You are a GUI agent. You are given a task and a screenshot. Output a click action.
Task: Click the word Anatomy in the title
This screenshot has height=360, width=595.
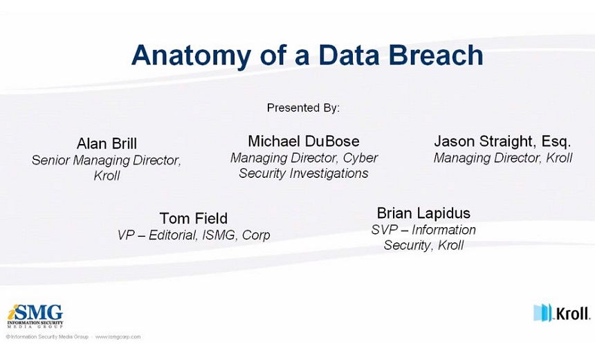coord(191,56)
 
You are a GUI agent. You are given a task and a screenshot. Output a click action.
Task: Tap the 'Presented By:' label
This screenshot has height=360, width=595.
coord(303,108)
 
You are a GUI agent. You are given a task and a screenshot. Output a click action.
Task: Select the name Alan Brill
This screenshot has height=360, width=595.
coord(107,143)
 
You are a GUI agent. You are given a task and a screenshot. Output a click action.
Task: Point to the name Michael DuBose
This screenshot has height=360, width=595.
coord(304,141)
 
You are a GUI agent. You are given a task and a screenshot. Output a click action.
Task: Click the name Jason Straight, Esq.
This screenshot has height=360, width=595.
coord(502,142)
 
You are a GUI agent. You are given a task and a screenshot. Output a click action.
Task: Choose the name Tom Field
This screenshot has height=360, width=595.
coord(194,218)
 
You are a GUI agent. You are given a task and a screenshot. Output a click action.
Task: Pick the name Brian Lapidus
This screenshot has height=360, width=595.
coord(423,213)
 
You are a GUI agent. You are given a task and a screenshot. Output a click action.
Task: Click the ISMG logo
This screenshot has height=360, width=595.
coord(35,316)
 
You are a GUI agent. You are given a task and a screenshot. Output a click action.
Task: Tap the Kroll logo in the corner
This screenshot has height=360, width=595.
coord(562,314)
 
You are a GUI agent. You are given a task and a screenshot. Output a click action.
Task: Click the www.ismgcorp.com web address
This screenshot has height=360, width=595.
coord(118,337)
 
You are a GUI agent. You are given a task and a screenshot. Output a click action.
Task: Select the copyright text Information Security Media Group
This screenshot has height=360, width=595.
coord(47,337)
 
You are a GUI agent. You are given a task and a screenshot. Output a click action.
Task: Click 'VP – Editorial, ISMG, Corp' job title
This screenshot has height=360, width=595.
coord(194,235)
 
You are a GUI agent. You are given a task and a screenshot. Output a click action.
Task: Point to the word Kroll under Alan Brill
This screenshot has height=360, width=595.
coord(107,176)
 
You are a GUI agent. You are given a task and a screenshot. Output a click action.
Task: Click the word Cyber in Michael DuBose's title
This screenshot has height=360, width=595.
coord(360,159)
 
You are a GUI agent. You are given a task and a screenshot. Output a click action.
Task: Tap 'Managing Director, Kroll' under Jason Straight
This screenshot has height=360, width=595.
coord(503,158)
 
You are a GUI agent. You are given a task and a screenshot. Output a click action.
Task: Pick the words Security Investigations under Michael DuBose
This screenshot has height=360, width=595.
coord(304,174)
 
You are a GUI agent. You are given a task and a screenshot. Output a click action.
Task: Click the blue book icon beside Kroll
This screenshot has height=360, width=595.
coord(542,312)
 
